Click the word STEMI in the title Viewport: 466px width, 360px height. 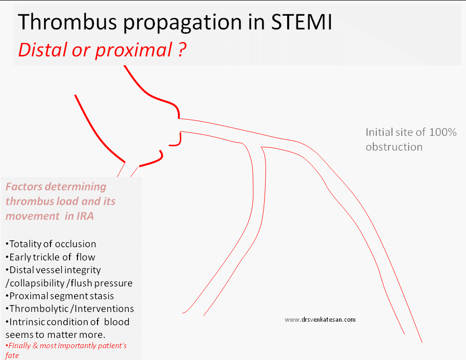coord(301,22)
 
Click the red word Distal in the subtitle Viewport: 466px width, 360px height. coord(43,50)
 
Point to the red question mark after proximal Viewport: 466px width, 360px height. coord(182,50)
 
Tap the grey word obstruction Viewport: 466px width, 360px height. coord(394,147)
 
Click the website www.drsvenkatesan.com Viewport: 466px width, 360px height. coord(320,320)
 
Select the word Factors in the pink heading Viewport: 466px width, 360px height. coord(24,186)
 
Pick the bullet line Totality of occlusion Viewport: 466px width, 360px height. coord(51,244)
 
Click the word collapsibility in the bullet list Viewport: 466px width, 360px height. coord(37,283)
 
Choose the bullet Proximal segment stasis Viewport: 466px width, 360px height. coord(60,296)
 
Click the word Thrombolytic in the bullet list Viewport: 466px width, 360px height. coord(39,309)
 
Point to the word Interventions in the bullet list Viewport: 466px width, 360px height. coord(104,309)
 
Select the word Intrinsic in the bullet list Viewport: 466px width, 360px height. coord(27,322)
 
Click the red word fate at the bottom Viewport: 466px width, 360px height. coord(12,355)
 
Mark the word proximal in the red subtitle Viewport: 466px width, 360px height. coord(134,50)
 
